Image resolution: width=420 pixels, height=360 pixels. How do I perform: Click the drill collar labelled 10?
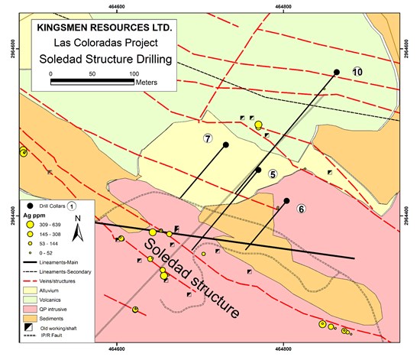point(336,73)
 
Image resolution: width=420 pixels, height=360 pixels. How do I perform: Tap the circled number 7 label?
point(208,138)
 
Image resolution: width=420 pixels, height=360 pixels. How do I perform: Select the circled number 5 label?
point(272,174)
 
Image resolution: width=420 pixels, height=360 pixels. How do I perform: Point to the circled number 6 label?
point(301,209)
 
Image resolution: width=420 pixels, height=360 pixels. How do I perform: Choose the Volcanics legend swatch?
point(28,300)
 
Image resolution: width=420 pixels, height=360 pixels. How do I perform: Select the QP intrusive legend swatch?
point(28,309)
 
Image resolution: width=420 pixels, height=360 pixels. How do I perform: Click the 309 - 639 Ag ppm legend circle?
point(28,225)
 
